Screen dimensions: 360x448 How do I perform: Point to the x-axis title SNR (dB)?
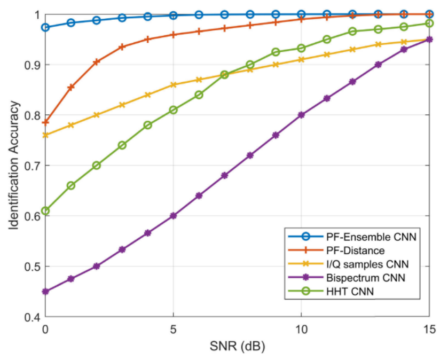237,346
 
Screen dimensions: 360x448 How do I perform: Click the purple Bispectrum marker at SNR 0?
45,292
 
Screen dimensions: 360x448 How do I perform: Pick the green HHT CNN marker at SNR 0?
45,211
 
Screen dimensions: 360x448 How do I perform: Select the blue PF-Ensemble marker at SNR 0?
45,27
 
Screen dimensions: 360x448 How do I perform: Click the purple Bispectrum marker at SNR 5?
173,216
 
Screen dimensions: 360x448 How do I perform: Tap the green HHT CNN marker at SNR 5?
173,110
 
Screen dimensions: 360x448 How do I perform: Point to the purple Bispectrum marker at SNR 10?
301,115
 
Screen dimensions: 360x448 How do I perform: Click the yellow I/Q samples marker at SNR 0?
45,135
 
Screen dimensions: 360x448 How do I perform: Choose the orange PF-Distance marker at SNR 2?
97,62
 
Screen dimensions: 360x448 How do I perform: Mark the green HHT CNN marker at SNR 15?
429,24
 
